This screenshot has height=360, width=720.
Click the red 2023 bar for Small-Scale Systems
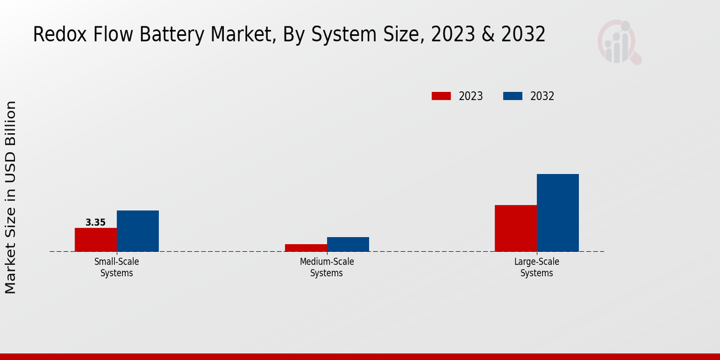95,239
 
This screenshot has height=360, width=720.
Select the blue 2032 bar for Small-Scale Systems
137,231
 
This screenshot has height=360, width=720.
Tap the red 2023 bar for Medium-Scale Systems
305,248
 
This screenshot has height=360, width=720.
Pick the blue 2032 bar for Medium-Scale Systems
347,244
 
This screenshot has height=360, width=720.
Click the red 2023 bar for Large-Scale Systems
515,228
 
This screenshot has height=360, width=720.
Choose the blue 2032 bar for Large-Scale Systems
557,212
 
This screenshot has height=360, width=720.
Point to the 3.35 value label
95,223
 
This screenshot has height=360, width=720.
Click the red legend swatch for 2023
441,96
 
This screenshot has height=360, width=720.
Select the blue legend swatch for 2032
512,96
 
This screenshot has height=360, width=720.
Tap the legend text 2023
471,96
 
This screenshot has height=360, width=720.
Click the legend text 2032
542,96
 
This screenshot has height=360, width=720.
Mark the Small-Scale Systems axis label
116,267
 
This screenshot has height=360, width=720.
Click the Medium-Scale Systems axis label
326,267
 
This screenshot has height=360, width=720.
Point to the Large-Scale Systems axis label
536,267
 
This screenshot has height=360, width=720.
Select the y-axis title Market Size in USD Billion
11,197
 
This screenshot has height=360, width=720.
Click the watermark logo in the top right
619,42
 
